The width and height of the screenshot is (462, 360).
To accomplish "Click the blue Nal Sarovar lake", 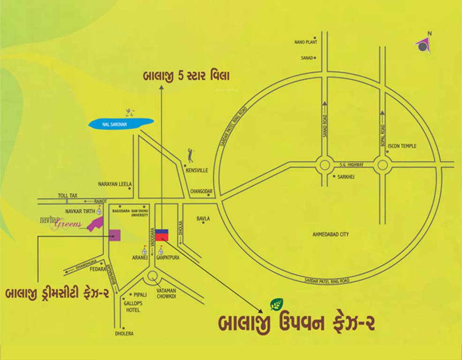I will [121, 123].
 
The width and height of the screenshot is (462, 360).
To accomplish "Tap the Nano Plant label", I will [306, 42].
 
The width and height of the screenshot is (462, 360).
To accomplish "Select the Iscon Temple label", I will [402, 146].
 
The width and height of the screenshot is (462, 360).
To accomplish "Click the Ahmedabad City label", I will [331, 234].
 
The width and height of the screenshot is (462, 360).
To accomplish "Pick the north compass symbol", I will [423, 45].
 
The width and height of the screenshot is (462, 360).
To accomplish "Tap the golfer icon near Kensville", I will [190, 154].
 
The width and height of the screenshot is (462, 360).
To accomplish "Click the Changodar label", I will [202, 192].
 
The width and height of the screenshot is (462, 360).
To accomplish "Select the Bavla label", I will [203, 219].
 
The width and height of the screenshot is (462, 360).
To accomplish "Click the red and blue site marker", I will [162, 234].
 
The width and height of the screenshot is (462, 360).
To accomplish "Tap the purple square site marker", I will [114, 235].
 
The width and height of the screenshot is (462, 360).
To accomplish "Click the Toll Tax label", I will [68, 195].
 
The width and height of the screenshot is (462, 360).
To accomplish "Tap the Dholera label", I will [124, 334].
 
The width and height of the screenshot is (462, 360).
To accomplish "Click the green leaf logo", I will [276, 305].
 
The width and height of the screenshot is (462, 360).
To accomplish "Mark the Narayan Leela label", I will [115, 184].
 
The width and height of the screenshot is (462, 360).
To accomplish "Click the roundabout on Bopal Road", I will [383, 165].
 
